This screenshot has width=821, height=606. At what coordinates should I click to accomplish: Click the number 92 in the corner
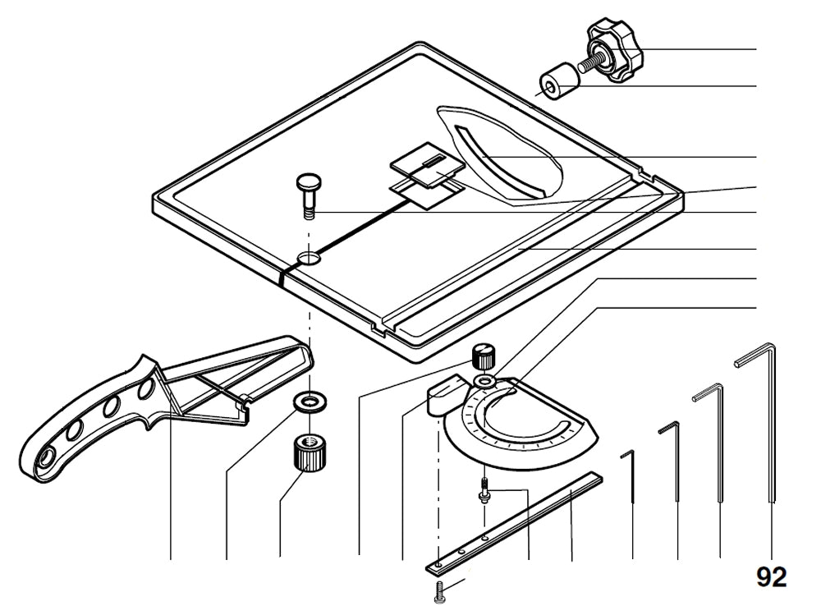click(771, 576)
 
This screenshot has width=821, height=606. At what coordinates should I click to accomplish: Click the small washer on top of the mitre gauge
click(485, 383)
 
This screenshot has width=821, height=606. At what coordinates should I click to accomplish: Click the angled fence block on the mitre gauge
click(444, 393)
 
